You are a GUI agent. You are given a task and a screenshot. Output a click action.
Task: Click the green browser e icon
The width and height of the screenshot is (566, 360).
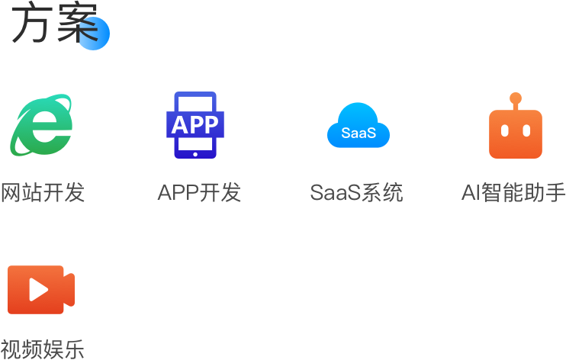click(x=42, y=124)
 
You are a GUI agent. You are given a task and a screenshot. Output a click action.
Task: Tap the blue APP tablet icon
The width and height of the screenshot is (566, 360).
click(x=195, y=125)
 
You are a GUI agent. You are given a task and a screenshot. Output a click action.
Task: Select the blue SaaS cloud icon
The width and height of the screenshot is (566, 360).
click(x=359, y=126)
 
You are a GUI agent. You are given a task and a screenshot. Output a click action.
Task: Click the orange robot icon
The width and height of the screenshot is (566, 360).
click(x=516, y=130)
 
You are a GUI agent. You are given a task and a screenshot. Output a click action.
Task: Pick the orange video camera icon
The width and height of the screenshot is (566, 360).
click(x=41, y=289)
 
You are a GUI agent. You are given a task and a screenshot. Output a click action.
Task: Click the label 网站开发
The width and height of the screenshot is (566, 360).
click(x=42, y=193)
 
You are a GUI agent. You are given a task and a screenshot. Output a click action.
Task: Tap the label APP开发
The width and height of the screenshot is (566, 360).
click(x=199, y=193)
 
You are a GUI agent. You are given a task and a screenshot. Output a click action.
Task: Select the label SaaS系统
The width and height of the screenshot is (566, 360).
click(x=356, y=193)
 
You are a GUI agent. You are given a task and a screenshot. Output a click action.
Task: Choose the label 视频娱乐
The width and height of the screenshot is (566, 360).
click(x=42, y=349)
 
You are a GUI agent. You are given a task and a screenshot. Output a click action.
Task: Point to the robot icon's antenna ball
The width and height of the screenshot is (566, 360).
click(x=516, y=97)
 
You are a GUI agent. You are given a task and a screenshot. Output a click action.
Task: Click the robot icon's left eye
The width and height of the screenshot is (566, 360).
click(x=505, y=130)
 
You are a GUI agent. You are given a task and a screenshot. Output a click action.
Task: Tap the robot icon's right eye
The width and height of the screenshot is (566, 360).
click(x=526, y=130)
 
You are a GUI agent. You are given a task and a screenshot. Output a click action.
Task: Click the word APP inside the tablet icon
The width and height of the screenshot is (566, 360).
click(x=195, y=124)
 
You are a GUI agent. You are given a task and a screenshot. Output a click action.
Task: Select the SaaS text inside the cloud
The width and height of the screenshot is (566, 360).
click(x=359, y=133)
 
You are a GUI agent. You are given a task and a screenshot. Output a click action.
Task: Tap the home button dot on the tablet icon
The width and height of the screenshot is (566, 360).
click(x=195, y=153)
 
